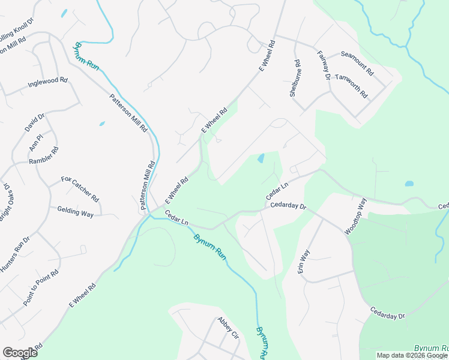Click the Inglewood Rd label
coord(47,83)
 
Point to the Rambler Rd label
coord(44,155)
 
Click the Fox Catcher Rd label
coord(80,188)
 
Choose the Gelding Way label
coord(75,212)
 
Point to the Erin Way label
coord(304,262)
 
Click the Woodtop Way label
coord(355,215)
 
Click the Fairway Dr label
coord(324,65)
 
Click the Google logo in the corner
coord(20,353)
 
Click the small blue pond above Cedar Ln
coord(261,158)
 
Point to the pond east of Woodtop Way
coord(409,184)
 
